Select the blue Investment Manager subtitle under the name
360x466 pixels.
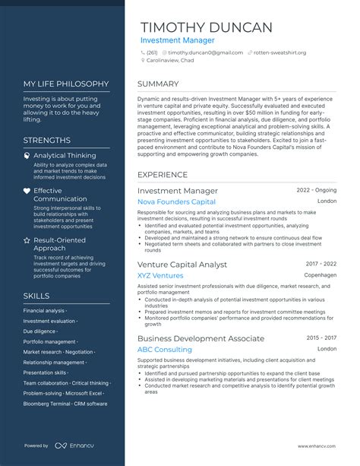click(177, 40)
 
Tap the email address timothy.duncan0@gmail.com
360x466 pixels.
click(205, 52)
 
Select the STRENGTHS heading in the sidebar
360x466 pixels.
click(46, 140)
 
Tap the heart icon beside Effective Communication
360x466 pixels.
click(27, 191)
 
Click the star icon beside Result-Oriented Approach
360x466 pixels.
click(27, 239)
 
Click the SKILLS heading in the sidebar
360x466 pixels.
click(36, 296)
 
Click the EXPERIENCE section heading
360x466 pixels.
click(163, 174)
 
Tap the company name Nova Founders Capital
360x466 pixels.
click(176, 202)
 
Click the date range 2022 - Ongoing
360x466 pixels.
click(316, 190)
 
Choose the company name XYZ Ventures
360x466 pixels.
click(159, 275)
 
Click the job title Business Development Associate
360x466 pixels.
click(201, 338)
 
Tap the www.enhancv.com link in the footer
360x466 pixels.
click(317, 445)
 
